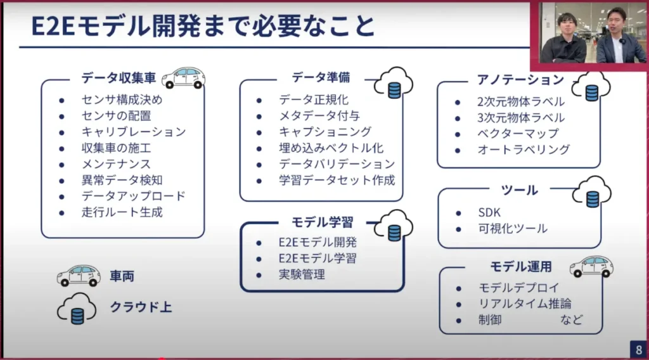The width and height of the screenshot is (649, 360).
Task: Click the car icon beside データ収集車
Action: (183, 78)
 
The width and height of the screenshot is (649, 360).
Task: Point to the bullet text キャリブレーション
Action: (134, 132)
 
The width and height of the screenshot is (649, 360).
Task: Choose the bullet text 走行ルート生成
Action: (122, 212)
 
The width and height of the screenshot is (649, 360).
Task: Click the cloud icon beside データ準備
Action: (394, 83)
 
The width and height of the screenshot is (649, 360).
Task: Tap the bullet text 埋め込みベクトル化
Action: (331, 148)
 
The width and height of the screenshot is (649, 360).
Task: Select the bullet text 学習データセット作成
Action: (337, 180)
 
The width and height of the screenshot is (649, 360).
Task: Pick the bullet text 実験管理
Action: (302, 274)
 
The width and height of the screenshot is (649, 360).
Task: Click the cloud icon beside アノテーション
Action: (591, 87)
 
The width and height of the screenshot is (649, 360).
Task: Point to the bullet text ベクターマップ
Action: (518, 134)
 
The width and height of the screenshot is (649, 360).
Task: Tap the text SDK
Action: (490, 212)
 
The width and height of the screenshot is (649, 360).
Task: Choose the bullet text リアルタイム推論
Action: (525, 304)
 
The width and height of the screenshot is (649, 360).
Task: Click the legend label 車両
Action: (122, 276)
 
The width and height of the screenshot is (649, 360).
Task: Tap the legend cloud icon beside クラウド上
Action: (77, 309)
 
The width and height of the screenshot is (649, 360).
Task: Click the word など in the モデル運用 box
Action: (571, 319)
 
